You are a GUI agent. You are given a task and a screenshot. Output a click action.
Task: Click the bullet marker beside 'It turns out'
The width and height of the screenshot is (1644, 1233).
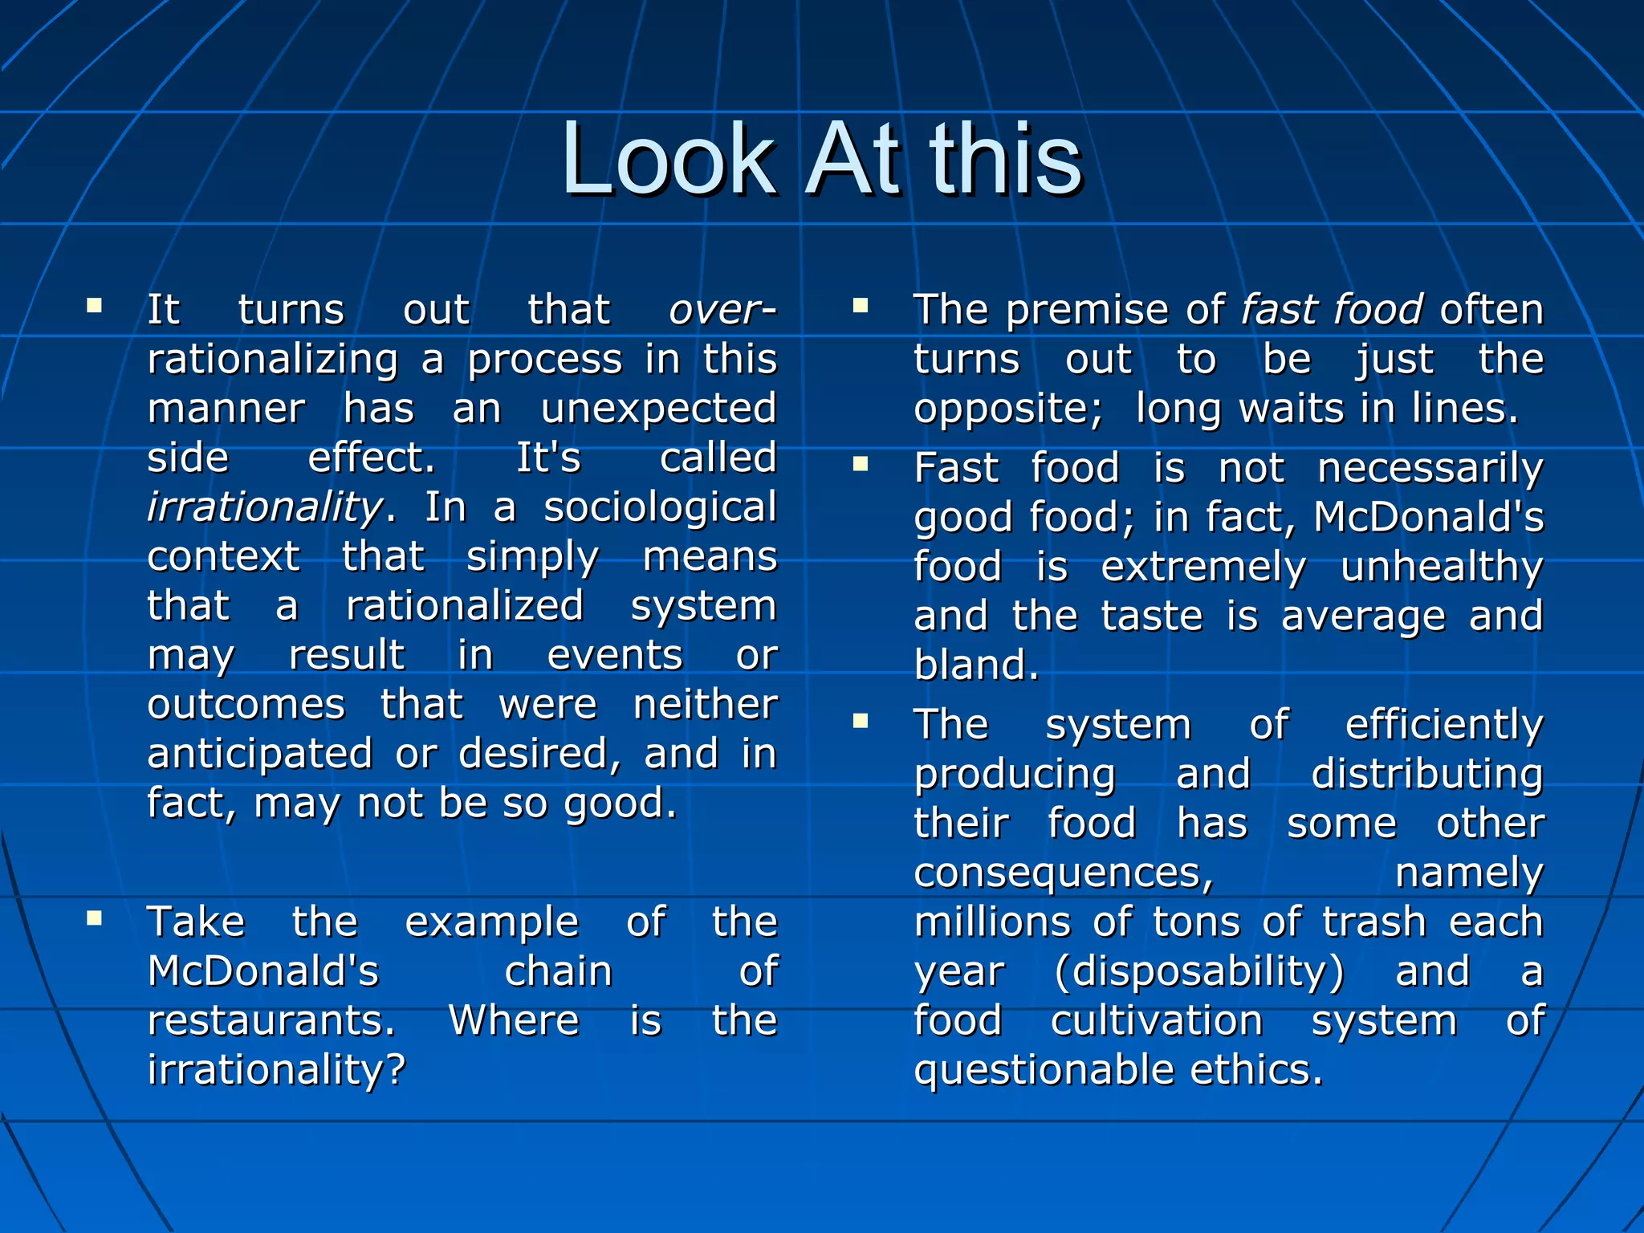click(x=95, y=305)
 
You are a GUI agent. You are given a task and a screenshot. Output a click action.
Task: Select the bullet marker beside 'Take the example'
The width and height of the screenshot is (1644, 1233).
click(x=95, y=918)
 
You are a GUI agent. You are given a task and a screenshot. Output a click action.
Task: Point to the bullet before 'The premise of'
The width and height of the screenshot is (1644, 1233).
click(x=861, y=305)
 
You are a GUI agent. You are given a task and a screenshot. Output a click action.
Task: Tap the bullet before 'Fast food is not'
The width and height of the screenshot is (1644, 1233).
click(x=861, y=463)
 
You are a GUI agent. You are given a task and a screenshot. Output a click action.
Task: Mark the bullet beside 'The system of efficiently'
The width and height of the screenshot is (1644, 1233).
click(x=861, y=720)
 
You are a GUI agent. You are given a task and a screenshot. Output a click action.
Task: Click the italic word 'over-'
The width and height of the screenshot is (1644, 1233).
click(x=722, y=310)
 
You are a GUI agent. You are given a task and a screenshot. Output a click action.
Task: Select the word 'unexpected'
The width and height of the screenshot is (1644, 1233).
click(x=658, y=409)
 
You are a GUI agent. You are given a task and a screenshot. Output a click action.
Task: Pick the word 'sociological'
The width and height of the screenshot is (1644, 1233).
click(x=660, y=507)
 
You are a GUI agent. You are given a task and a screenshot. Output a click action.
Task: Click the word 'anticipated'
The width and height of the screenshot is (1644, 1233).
click(x=260, y=755)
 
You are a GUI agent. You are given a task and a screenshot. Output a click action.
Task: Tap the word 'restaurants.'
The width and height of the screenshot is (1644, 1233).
click(x=271, y=1021)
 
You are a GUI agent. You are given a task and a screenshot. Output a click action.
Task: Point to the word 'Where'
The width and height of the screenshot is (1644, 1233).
click(x=514, y=1021)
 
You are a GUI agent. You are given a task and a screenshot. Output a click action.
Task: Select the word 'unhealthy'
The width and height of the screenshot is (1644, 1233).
click(x=1442, y=568)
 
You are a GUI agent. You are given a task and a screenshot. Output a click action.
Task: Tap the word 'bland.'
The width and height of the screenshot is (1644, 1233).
click(x=976, y=665)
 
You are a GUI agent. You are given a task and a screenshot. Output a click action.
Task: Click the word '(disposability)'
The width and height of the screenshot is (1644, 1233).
click(x=1199, y=972)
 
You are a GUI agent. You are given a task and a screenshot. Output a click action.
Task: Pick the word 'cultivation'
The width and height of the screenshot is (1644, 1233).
click(x=1157, y=1021)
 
